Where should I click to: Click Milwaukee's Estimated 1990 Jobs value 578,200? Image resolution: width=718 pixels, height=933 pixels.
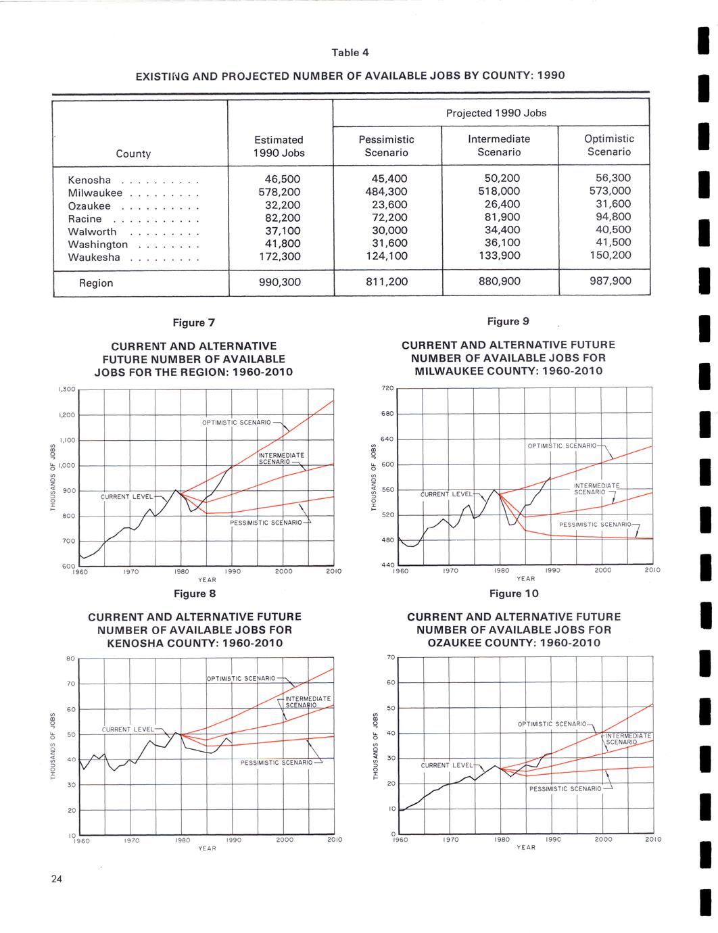pos(280,193)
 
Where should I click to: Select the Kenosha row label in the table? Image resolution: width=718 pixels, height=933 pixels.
pos(89,181)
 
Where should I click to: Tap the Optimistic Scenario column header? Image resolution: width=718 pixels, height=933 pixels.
pos(608,145)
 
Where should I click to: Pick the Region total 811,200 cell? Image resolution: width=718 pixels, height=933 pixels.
pos(386,281)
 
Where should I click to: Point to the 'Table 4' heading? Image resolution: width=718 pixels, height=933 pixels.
pos(350,53)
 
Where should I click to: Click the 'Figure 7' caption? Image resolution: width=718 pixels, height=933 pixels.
pos(194,322)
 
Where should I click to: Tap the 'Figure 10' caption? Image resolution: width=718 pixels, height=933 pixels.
pos(514,594)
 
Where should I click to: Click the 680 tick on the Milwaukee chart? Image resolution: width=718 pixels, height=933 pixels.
pos(386,413)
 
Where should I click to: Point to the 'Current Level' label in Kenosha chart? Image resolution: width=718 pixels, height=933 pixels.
pos(128,729)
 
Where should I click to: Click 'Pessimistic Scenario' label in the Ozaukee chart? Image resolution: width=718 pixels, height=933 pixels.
pos(565,789)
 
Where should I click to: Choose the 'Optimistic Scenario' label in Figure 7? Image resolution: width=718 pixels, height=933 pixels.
pos(236,423)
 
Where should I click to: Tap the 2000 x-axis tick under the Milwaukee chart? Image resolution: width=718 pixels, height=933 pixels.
pos(602,571)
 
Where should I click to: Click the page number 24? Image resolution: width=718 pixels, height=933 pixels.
pos(56,879)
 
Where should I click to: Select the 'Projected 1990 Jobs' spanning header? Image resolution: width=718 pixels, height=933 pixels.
pos(496,113)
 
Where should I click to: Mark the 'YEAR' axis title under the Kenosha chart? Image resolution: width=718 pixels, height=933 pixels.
pos(207,848)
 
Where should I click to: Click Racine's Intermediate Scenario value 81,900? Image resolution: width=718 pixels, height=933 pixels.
pos(498,218)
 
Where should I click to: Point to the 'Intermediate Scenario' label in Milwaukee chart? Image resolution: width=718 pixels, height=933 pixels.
pos(596,489)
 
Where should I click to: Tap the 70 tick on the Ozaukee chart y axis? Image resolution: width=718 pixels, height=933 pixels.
pos(391,657)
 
